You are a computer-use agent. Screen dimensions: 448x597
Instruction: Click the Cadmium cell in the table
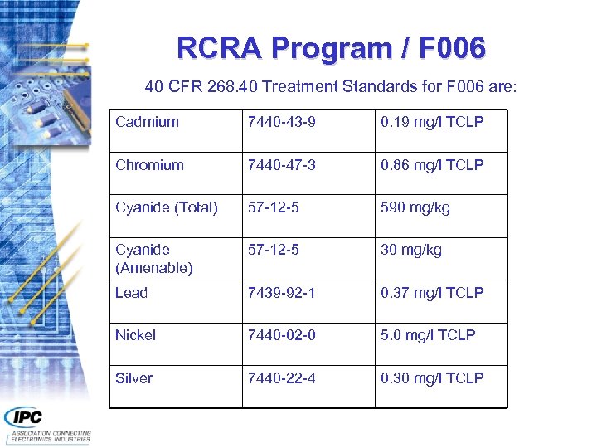(147, 122)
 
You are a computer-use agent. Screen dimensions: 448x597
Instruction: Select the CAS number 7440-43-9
(281, 122)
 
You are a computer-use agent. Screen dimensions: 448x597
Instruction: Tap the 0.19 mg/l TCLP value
(431, 122)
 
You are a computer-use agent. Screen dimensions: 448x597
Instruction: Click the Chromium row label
(149, 165)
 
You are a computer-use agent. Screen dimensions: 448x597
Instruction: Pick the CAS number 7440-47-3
(281, 165)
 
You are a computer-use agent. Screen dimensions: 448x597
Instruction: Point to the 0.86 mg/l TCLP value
(431, 165)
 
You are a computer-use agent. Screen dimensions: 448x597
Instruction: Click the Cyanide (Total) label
(166, 207)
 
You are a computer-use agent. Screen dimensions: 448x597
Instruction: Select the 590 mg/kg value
(415, 207)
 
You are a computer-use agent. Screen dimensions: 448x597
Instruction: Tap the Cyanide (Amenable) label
(154, 259)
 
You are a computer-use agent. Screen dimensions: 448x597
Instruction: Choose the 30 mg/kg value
(410, 250)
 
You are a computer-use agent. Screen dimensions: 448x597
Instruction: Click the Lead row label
(131, 293)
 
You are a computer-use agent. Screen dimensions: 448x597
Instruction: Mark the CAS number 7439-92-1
(281, 293)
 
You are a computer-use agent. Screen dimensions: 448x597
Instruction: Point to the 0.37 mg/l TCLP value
(431, 293)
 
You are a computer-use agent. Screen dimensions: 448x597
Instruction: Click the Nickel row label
(135, 335)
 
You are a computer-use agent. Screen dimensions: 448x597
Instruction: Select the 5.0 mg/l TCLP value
(428, 335)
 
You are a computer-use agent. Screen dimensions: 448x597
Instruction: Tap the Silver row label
(133, 378)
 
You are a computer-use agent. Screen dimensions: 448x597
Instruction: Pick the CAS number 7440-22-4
(281, 378)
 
